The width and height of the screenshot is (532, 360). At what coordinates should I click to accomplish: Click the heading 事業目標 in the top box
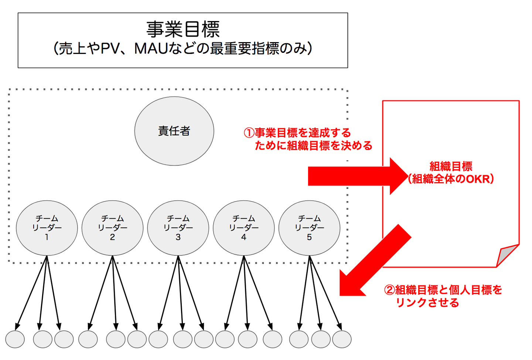(x=183, y=30)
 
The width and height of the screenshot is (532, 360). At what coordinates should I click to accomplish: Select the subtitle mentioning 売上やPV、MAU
(x=183, y=48)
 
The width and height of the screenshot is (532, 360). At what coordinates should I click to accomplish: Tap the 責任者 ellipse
(x=174, y=131)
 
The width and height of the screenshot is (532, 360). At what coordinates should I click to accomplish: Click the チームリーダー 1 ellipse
(x=47, y=228)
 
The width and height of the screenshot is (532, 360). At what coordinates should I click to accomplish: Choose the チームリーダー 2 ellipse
(x=112, y=228)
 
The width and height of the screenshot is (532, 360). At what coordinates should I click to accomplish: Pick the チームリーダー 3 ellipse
(x=178, y=228)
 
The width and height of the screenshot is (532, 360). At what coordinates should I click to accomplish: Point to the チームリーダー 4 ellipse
(x=244, y=228)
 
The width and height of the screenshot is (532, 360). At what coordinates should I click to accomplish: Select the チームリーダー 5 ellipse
(x=309, y=228)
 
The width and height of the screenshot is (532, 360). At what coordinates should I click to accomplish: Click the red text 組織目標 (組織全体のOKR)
(x=451, y=173)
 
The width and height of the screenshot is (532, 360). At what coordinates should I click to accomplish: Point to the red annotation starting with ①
(x=308, y=139)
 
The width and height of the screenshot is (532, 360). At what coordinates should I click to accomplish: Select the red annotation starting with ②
(x=443, y=296)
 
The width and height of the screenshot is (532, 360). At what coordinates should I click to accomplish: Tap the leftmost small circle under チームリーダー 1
(x=15, y=339)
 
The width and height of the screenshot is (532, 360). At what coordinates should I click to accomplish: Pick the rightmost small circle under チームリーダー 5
(x=342, y=339)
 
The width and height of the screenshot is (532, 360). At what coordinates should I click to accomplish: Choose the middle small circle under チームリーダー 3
(x=183, y=339)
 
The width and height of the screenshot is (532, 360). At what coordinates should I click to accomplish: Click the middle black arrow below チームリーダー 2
(x=114, y=292)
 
